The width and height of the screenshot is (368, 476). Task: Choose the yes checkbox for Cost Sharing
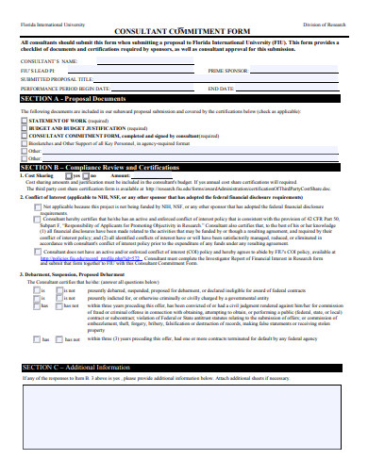point(68,175)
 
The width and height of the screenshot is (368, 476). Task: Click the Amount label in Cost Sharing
point(120,175)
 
